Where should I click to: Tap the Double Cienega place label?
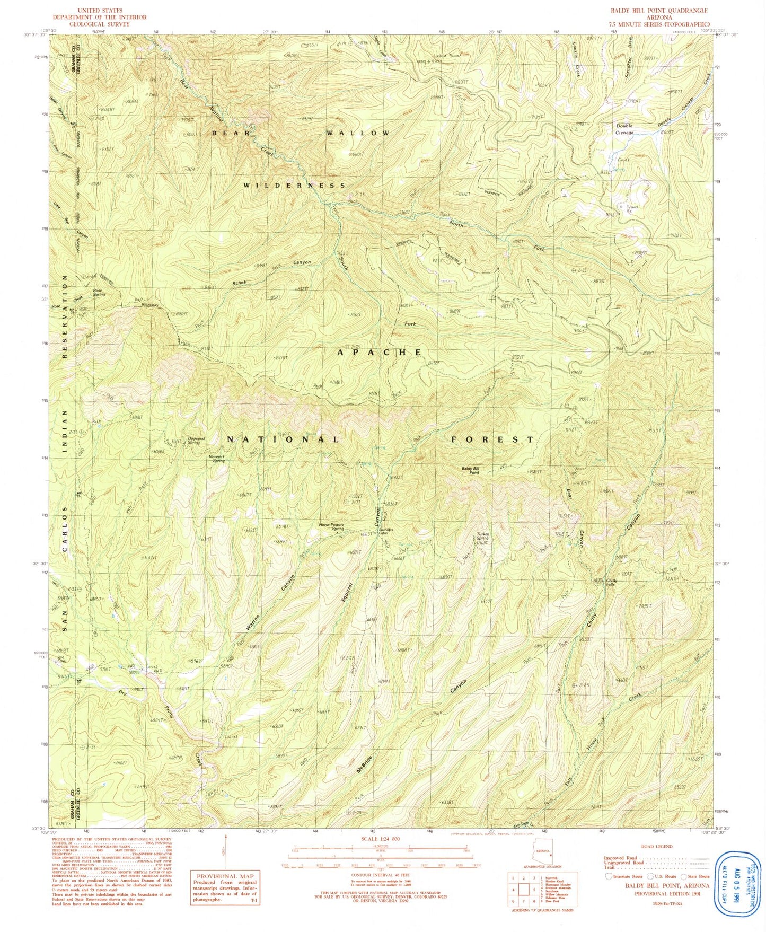[624, 129]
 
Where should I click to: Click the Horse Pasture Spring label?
[331, 526]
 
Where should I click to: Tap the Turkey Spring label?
[482, 536]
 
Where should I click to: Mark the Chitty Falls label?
[611, 582]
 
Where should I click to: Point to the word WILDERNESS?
[294, 186]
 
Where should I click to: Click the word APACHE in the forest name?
[380, 352]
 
